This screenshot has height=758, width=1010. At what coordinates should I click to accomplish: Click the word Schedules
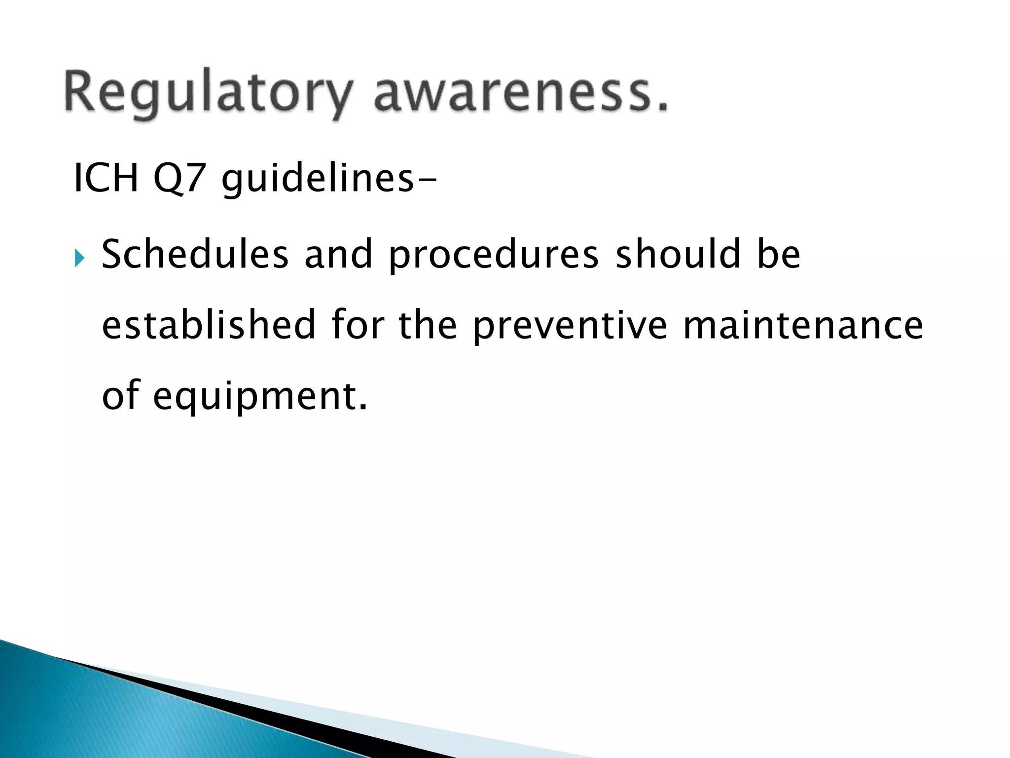point(195,254)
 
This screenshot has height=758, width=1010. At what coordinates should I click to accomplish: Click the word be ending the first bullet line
point(779,254)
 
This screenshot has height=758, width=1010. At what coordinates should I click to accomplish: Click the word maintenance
point(803,326)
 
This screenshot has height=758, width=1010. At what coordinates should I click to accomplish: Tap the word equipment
point(260,397)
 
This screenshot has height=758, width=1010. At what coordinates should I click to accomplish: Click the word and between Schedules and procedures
point(338,254)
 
